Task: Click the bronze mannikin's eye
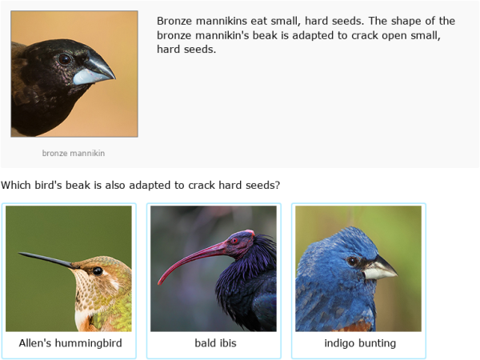(x=65, y=58)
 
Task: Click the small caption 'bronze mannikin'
(x=74, y=153)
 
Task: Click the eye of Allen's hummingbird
(x=97, y=270)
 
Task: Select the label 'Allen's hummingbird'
(x=70, y=343)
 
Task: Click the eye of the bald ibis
(x=234, y=240)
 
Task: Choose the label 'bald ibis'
(x=215, y=343)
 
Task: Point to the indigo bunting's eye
(x=353, y=261)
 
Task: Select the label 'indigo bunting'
(x=360, y=343)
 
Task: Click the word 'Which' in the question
(x=17, y=185)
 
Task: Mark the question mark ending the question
(x=277, y=185)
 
